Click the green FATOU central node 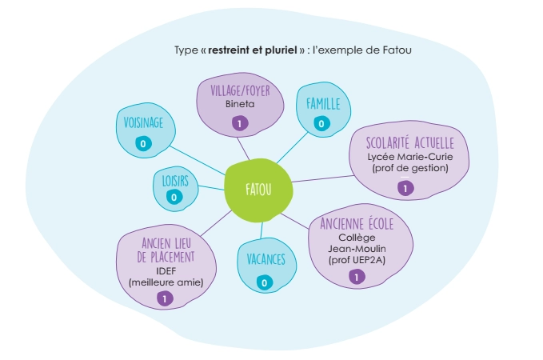pos(258,190)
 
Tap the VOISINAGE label pos(144,122)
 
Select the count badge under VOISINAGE pos(144,144)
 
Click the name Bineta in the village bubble pos(238,105)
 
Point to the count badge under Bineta pos(238,123)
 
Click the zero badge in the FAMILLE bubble pos(321,123)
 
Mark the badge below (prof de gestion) pos(405,188)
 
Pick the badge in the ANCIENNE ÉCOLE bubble pos(357,277)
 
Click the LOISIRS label pos(170,181)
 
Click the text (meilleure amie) pos(166,282)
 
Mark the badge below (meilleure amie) pos(166,298)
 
